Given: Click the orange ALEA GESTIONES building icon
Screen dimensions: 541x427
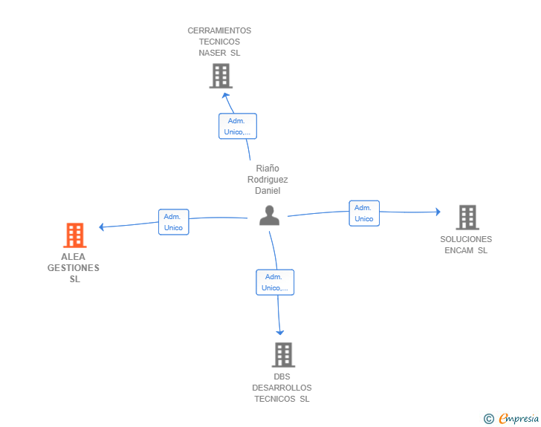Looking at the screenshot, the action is tap(75, 235).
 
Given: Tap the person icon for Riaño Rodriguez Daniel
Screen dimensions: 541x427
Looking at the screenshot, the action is tap(270, 215).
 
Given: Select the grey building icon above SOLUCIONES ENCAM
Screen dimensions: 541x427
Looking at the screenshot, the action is tap(467, 218).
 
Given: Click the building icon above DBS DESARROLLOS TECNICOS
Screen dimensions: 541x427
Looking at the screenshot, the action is tap(284, 354).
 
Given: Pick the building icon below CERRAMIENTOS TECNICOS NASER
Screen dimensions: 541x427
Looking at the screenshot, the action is tap(221, 76).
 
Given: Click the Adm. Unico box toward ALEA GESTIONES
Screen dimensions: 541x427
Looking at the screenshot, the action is tap(174, 222).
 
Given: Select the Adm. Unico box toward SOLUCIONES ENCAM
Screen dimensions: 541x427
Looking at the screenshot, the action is tap(364, 213).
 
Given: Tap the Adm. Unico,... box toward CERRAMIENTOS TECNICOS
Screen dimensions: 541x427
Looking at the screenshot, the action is tap(238, 126).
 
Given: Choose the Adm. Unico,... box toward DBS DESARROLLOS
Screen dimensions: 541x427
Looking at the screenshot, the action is tap(275, 282).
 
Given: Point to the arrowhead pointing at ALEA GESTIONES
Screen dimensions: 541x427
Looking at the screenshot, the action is tap(101, 226).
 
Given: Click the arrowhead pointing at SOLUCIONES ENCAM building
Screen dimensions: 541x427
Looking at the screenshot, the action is tap(438, 212).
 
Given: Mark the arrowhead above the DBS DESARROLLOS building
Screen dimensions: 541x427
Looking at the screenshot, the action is tap(280, 332).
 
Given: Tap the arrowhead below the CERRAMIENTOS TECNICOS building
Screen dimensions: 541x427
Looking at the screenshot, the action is tap(225, 95).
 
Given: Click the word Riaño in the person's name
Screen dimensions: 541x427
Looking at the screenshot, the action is tap(268, 169).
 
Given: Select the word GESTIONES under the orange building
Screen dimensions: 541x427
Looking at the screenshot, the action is tap(73, 268).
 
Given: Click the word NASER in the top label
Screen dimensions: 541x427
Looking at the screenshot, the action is tap(213, 53).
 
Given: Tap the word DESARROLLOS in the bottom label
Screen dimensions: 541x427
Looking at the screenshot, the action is tap(282, 388).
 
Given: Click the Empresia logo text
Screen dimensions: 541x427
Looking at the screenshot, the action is tap(519, 418).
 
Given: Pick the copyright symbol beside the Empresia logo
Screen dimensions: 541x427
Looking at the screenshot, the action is tap(489, 419).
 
